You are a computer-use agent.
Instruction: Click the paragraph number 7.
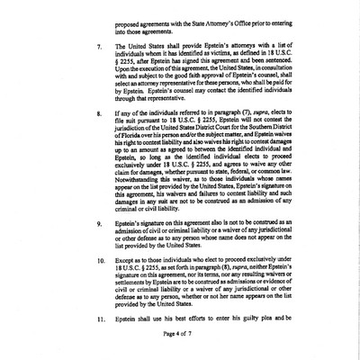(98, 67)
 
